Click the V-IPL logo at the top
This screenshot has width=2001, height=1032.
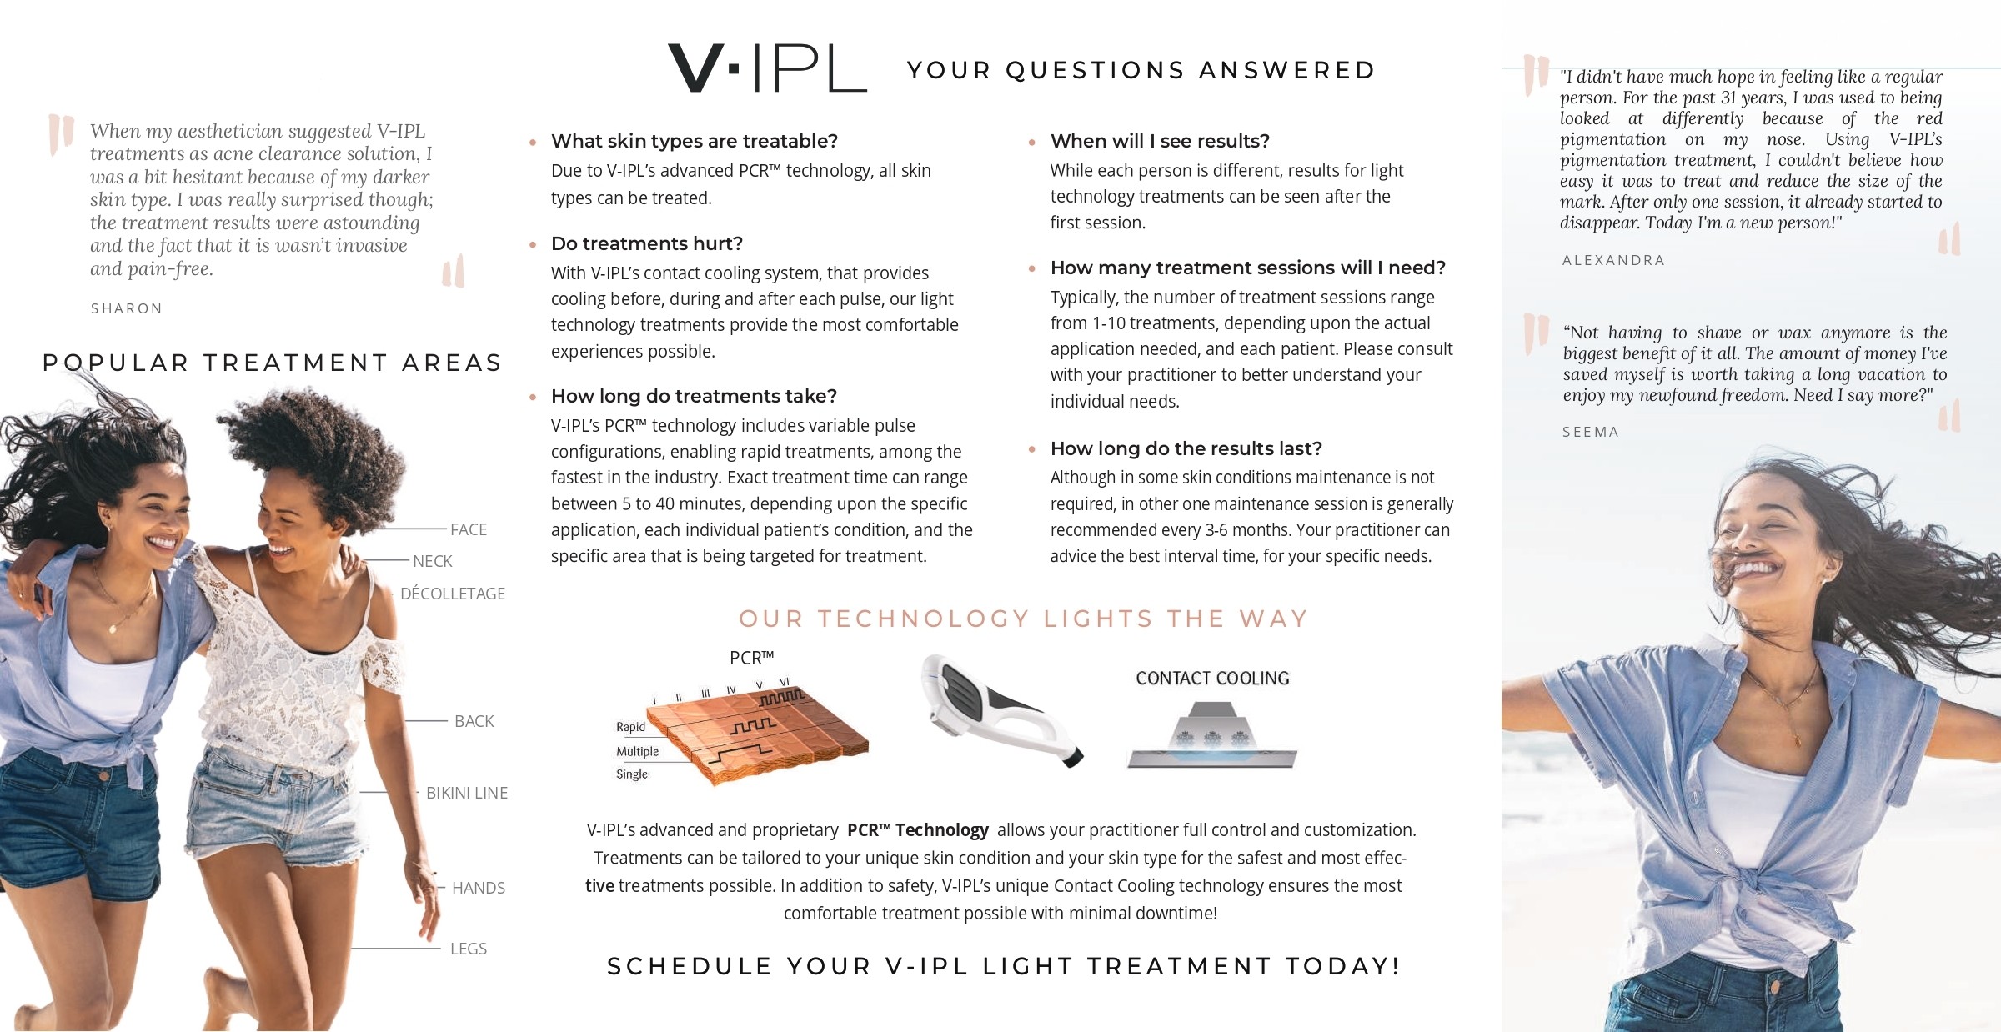(767, 68)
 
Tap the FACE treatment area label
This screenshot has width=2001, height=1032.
(468, 529)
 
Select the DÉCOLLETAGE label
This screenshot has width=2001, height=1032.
(453, 594)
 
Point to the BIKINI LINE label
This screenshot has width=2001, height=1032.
(466, 793)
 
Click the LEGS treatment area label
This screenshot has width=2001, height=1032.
(468, 949)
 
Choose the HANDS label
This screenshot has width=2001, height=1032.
(478, 888)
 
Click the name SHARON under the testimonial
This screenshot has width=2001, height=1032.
(127, 308)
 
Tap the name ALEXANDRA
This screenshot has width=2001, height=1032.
(1613, 260)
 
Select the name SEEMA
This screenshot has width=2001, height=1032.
(1590, 432)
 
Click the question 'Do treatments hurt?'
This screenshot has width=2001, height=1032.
(646, 243)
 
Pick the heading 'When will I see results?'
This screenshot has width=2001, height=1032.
(1159, 141)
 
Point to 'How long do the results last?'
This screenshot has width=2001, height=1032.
(1186, 448)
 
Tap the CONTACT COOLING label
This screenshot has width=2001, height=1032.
(1212, 679)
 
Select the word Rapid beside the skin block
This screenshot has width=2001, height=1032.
(630, 727)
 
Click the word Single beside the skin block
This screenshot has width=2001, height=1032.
(631, 774)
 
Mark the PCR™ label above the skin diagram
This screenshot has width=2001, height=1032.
(751, 658)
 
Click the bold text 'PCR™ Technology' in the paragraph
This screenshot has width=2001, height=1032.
(917, 830)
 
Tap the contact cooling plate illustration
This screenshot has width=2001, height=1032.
(1211, 738)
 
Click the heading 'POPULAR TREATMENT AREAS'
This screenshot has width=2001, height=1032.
(272, 363)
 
